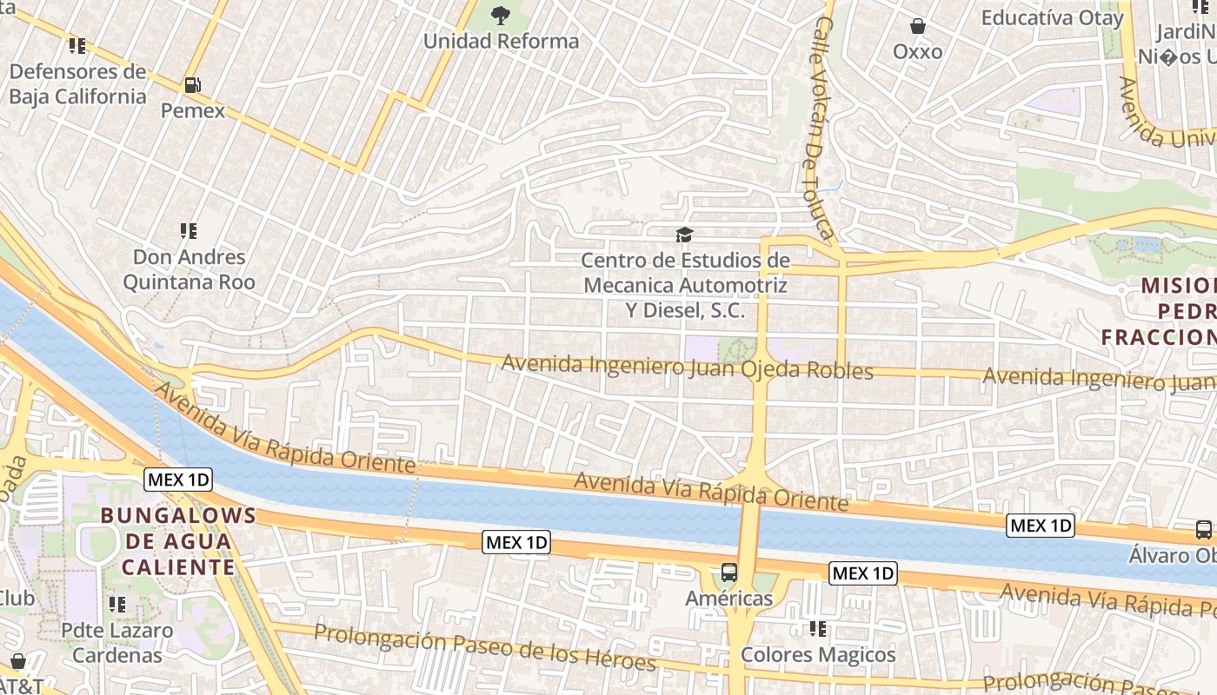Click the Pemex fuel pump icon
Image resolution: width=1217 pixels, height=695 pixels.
click(x=192, y=85)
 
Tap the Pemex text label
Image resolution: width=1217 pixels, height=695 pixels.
click(x=193, y=111)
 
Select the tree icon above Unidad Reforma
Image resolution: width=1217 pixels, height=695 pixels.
click(x=501, y=15)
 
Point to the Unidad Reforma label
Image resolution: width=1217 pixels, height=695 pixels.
click(x=501, y=41)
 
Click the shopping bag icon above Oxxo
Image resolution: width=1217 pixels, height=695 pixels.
click(x=917, y=26)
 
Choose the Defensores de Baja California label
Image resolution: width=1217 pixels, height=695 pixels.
click(x=77, y=83)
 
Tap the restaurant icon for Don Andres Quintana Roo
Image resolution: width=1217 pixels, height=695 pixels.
click(x=189, y=231)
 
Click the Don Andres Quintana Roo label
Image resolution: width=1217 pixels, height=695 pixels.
click(x=189, y=269)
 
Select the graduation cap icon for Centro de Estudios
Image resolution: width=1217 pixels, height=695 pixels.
click(x=684, y=235)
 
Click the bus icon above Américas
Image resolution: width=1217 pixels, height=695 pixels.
click(x=729, y=573)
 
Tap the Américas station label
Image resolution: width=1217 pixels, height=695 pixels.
click(x=729, y=599)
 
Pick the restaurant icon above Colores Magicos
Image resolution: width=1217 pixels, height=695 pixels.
click(x=817, y=628)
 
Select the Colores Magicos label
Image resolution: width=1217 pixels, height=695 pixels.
click(x=818, y=654)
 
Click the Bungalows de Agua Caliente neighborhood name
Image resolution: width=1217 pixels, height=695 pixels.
click(x=178, y=541)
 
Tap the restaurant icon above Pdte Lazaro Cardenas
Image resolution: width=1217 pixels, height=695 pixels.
click(x=117, y=604)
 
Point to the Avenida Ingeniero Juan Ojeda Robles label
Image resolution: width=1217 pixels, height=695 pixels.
click(x=687, y=367)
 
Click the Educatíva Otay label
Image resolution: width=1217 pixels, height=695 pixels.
click(x=1052, y=17)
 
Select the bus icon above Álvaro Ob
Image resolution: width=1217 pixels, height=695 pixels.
click(x=1204, y=529)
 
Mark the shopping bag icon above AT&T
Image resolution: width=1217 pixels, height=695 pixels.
click(x=17, y=661)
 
